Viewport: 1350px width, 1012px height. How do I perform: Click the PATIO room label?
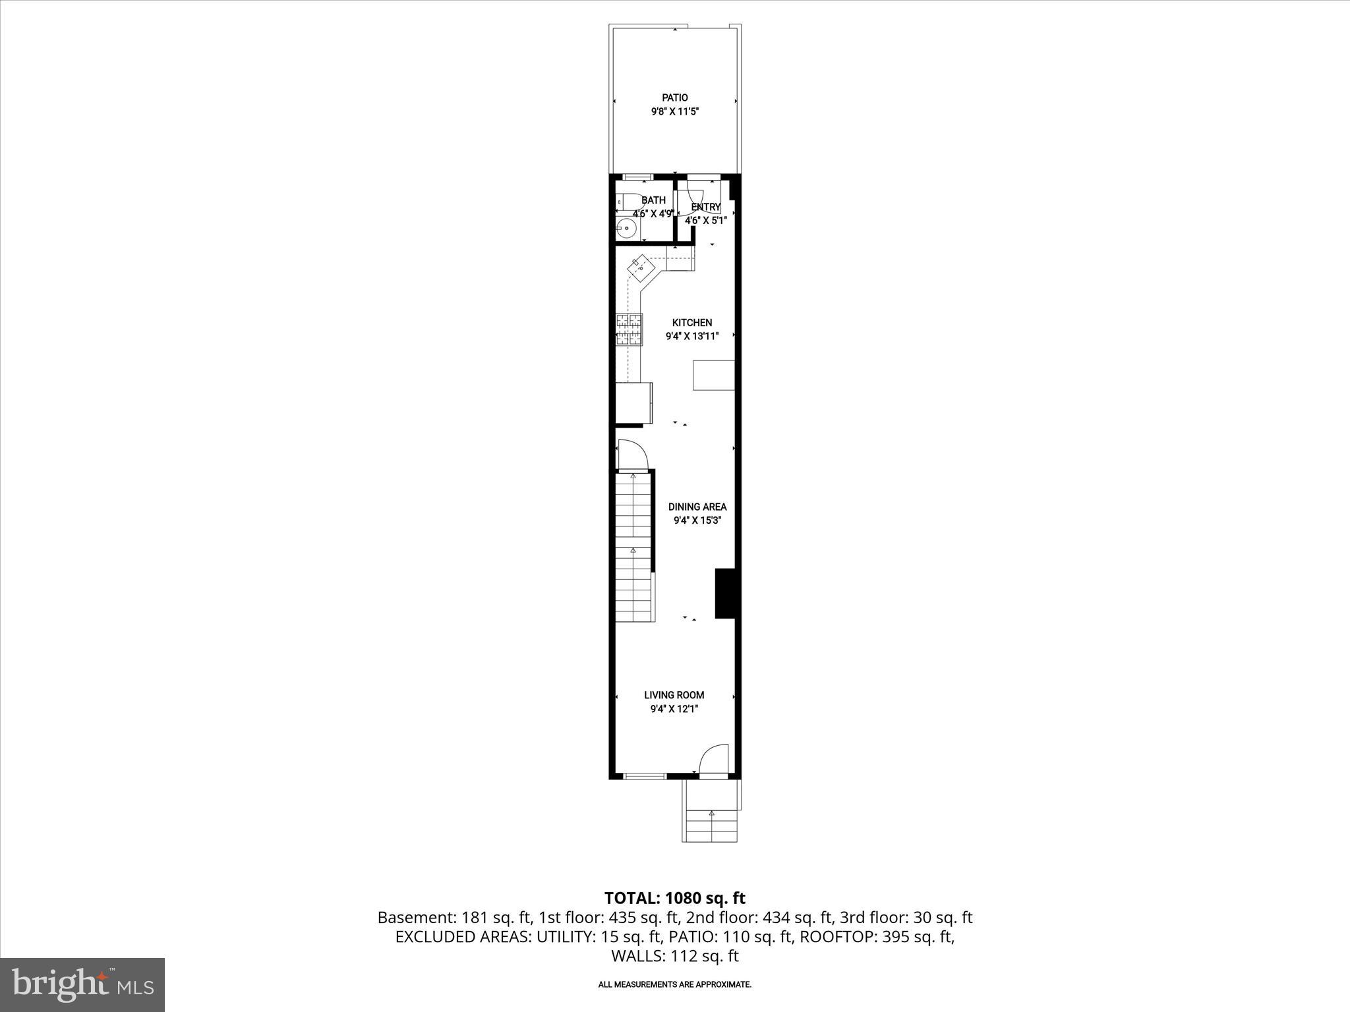674,98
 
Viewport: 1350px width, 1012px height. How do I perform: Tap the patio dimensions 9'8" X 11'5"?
674,112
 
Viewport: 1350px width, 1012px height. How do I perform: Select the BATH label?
653,200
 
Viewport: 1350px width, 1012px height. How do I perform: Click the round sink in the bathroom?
626,229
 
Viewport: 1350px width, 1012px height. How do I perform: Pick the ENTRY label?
706,207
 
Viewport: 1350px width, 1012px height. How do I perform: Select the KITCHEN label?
691,323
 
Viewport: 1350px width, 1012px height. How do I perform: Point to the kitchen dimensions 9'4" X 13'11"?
691,336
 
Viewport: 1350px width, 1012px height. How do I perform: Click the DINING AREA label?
697,507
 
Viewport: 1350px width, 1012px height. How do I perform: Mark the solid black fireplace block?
725,594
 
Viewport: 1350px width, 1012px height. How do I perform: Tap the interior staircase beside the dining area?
634,547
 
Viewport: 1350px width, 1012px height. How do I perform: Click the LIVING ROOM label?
674,695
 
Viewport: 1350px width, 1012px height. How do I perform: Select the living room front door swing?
715,759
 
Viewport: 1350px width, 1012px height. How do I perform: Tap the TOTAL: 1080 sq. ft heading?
674,898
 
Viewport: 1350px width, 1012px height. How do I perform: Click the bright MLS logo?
82,984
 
